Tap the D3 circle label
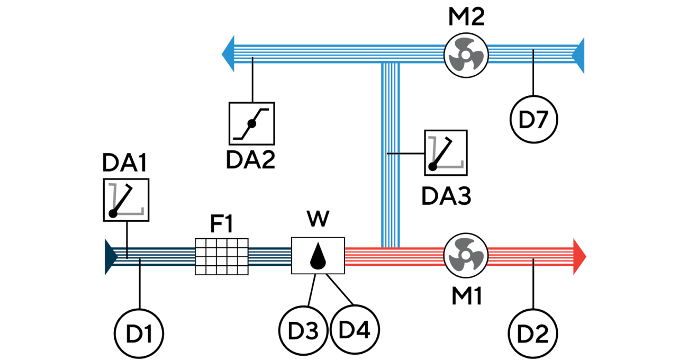point(303,331)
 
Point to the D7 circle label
point(534,120)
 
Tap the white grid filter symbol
point(222,256)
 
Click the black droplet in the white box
point(318,256)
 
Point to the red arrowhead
point(580,257)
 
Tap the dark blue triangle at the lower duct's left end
point(110,257)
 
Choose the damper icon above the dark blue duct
point(126,200)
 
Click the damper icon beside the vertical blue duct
point(446,152)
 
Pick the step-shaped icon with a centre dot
point(252,123)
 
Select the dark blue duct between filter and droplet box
point(269,256)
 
